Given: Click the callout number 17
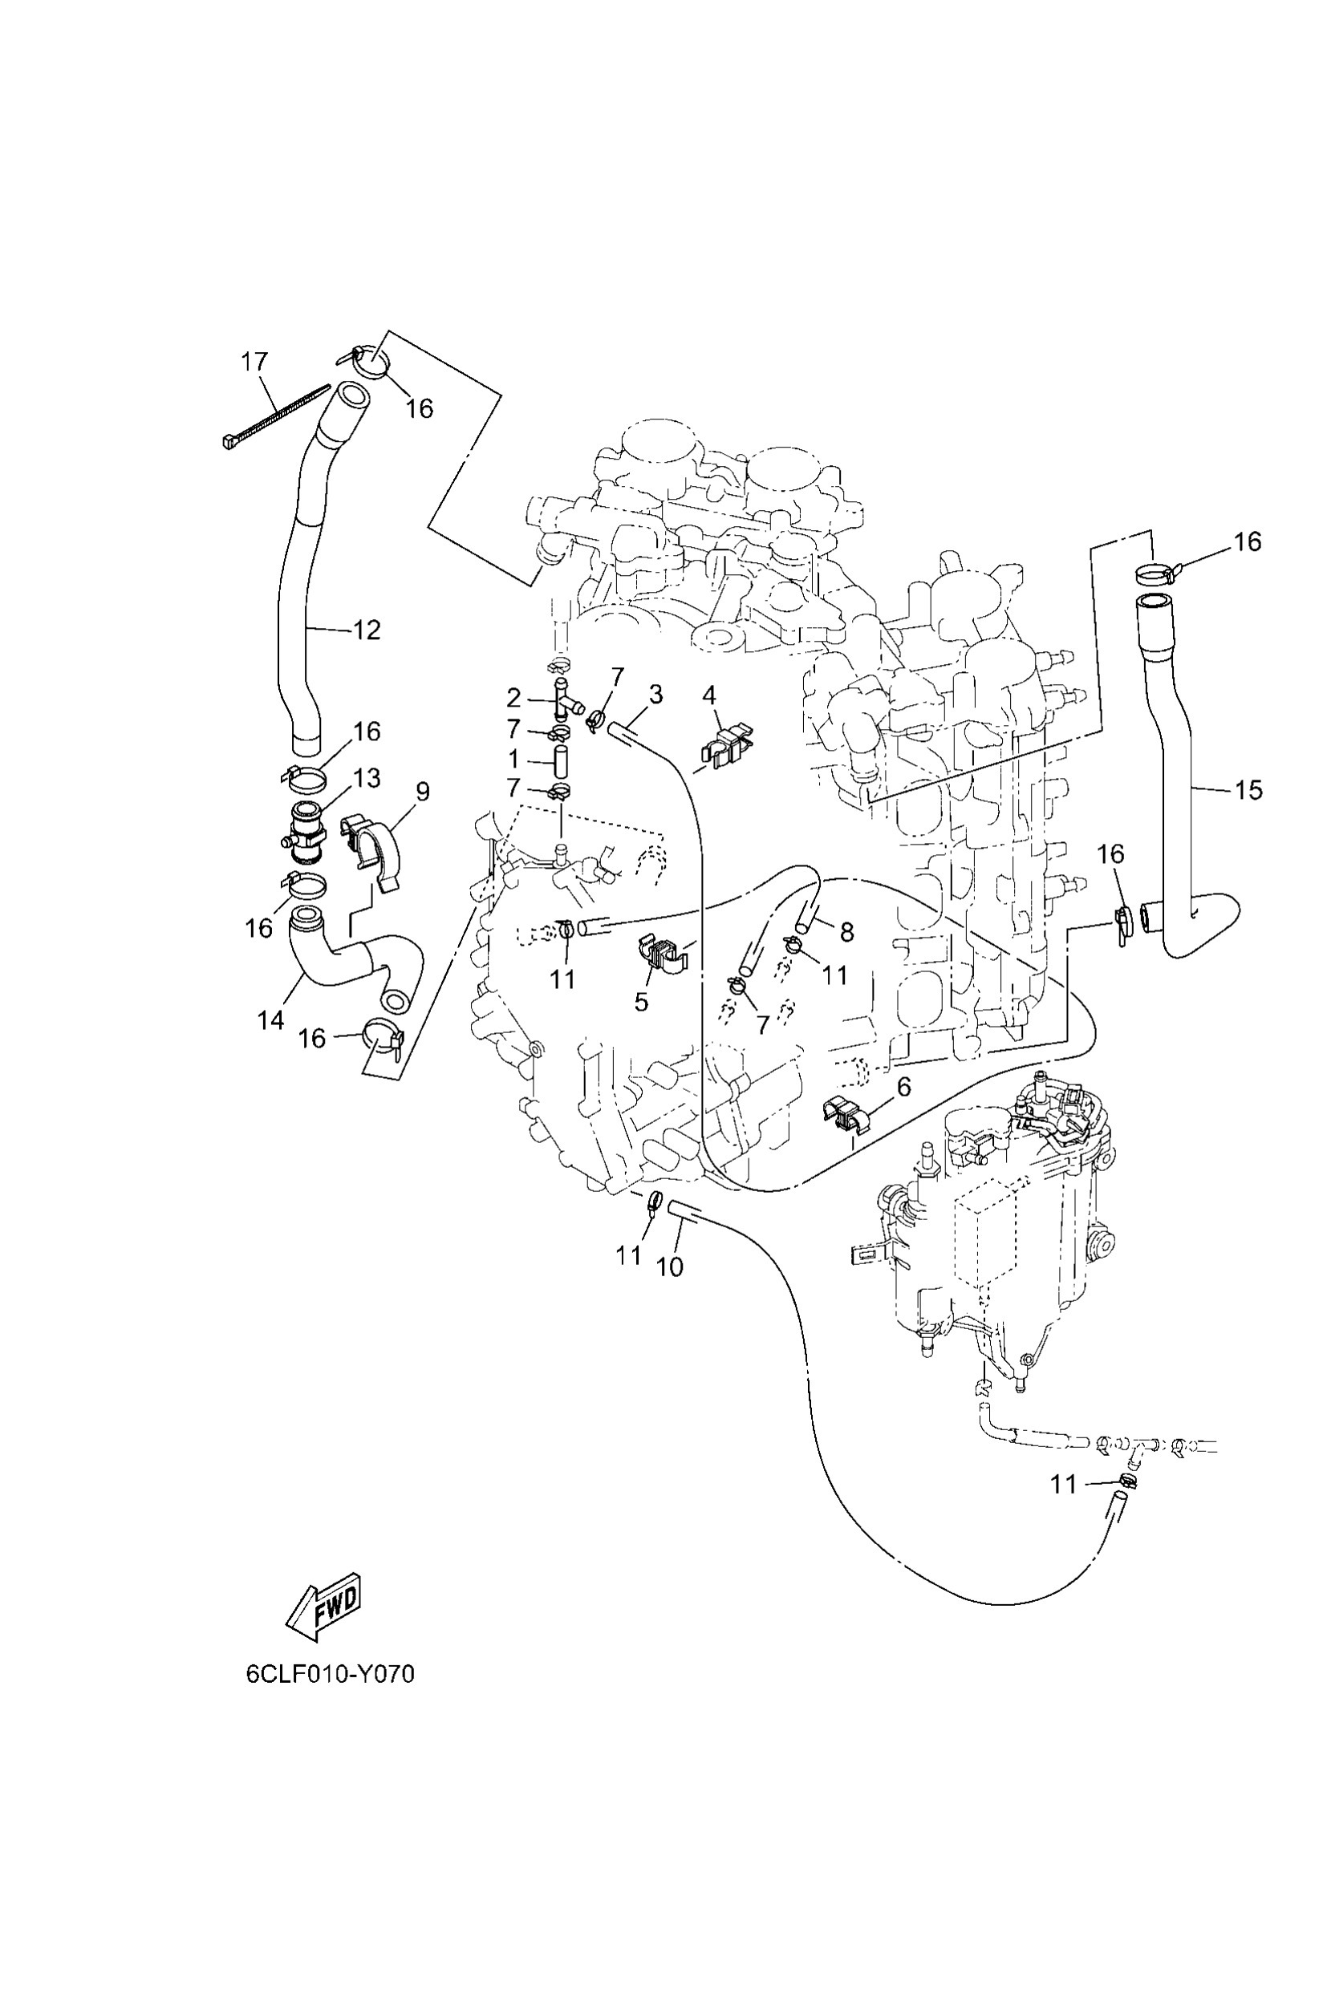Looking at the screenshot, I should [x=254, y=362].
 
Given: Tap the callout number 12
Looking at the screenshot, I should [x=367, y=630].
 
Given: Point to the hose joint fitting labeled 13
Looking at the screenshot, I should [x=305, y=832].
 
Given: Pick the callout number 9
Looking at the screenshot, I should [x=423, y=792].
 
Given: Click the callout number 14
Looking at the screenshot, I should [x=270, y=1020].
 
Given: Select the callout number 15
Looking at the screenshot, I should [x=1248, y=789].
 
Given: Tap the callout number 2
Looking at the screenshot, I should [x=513, y=699].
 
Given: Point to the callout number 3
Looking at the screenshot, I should [x=655, y=695].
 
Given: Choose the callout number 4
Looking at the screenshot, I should [x=708, y=695].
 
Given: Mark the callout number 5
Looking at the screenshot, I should [x=641, y=1001].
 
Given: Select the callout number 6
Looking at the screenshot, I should [x=903, y=1087].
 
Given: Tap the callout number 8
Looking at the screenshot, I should [x=846, y=931].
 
